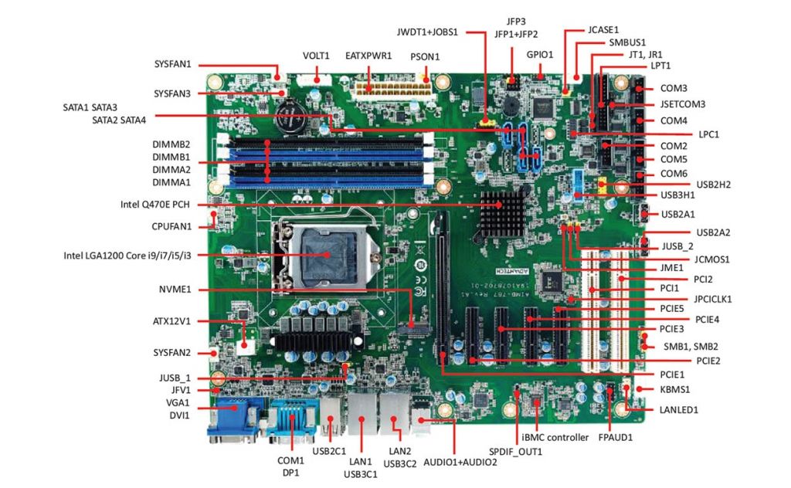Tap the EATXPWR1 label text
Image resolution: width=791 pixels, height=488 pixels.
click(369, 56)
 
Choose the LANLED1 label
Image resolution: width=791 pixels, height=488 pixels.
click(677, 409)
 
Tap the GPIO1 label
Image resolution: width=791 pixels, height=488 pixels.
click(540, 55)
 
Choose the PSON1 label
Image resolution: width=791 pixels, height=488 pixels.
click(425, 56)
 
